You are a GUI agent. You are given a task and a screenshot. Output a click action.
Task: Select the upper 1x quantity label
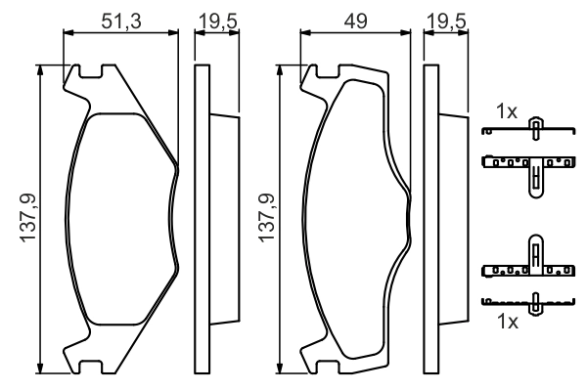(x=507, y=112)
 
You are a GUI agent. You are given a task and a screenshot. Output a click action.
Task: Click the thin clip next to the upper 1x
(x=533, y=130)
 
